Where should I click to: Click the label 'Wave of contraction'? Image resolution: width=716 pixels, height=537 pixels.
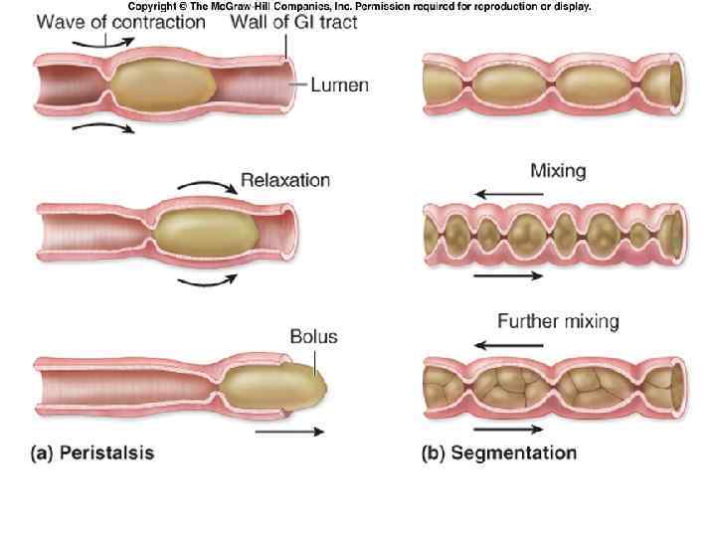click(121, 22)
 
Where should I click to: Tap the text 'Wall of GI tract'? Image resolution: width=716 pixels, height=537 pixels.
click(293, 22)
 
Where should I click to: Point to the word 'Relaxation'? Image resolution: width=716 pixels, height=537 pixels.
click(285, 181)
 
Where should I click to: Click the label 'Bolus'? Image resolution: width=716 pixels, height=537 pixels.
click(313, 337)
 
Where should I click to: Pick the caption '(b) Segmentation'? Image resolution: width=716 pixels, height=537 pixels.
click(499, 453)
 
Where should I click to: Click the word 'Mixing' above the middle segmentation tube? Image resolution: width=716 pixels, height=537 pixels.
click(558, 170)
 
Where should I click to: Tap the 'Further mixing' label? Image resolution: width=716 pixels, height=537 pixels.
click(558, 321)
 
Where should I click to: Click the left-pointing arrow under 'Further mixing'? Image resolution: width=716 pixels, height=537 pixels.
click(508, 345)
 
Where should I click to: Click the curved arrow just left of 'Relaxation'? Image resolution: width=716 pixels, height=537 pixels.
click(207, 186)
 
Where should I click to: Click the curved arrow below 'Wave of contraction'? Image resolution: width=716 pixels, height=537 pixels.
click(103, 129)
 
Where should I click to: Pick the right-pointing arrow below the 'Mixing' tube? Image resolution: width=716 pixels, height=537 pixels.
click(508, 275)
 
